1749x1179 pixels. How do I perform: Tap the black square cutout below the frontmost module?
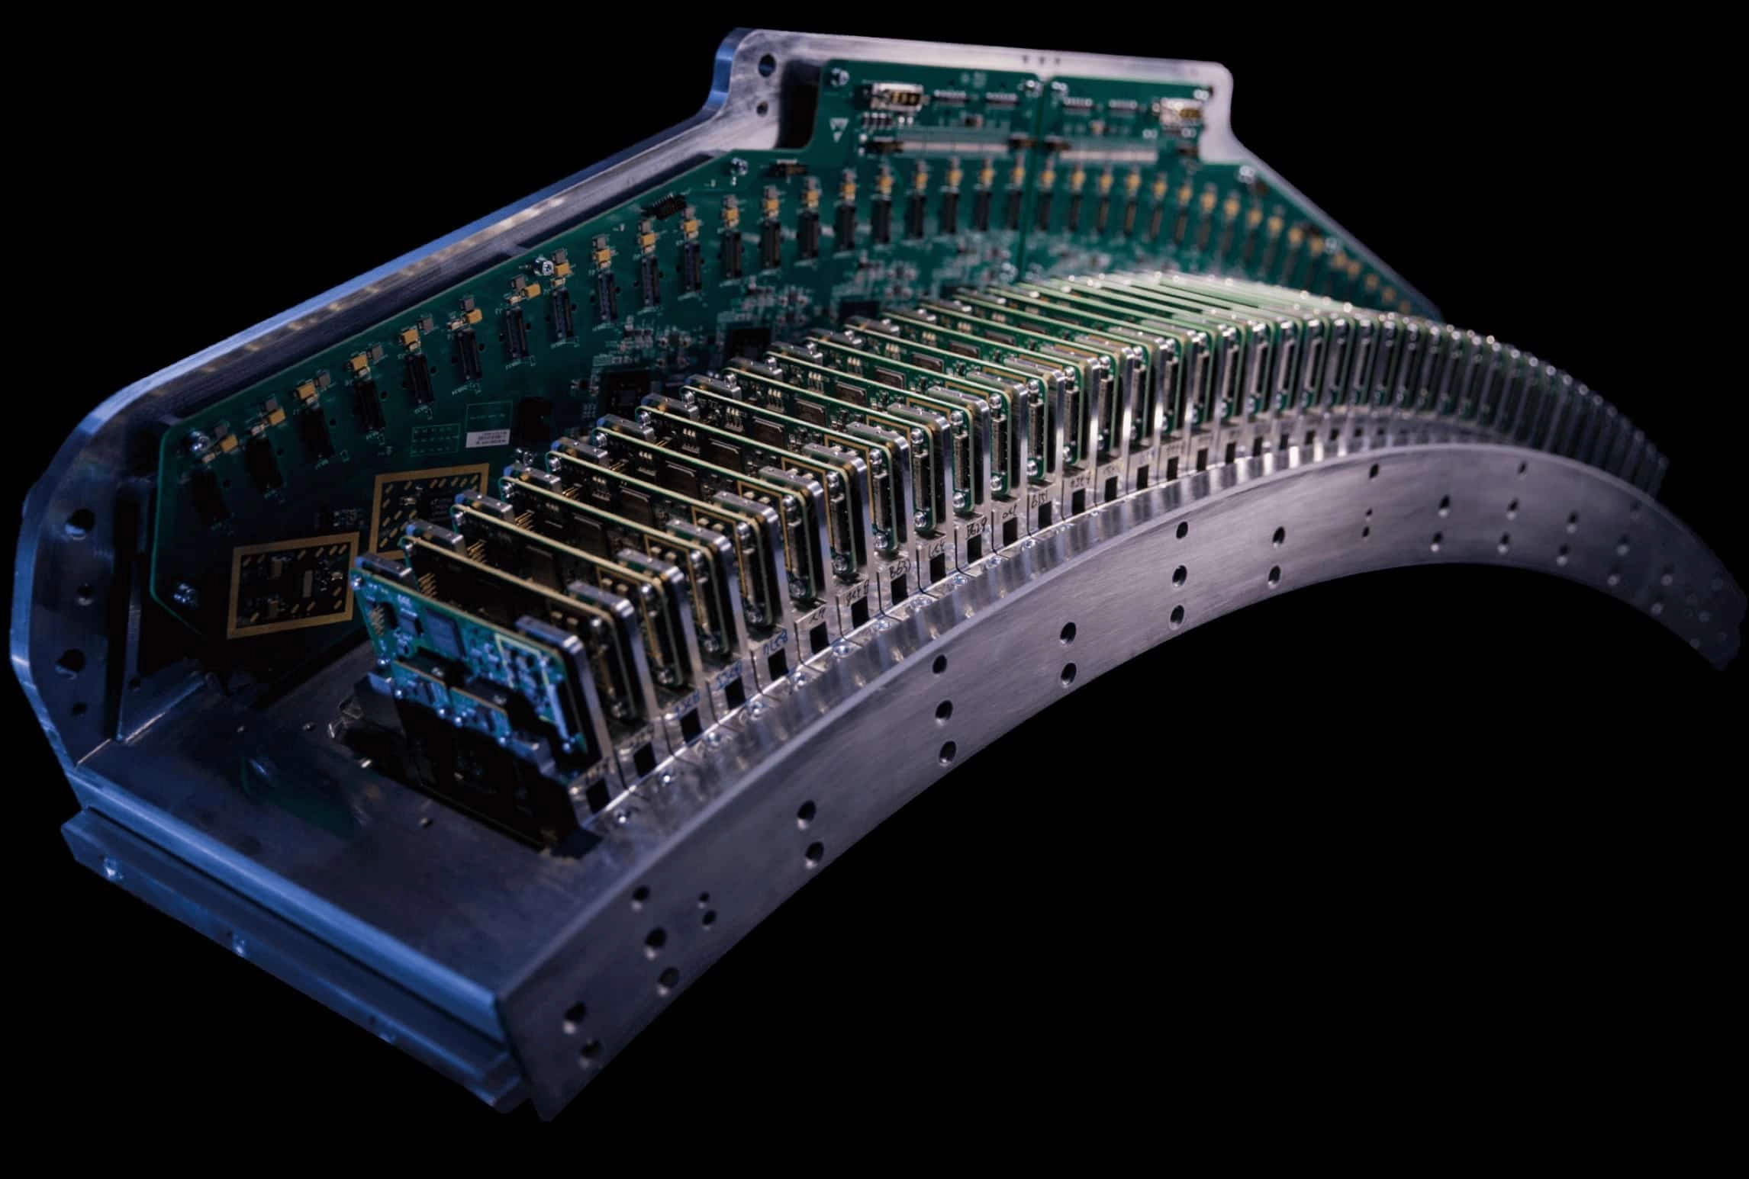coord(595,796)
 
